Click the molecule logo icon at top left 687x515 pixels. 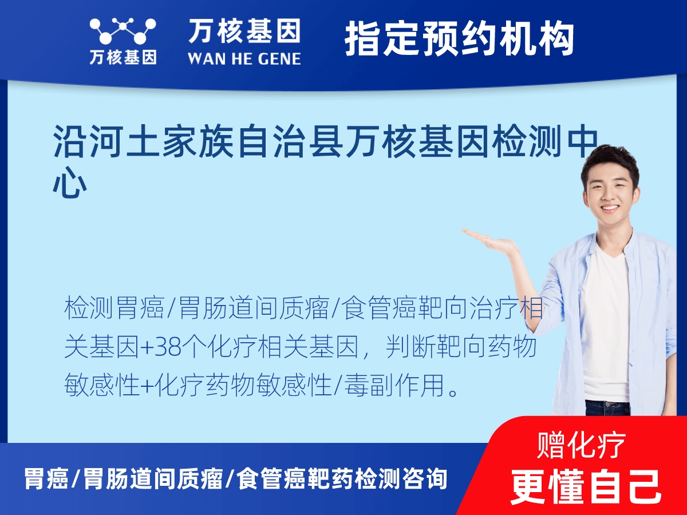(x=122, y=31)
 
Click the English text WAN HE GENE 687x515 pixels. (x=244, y=58)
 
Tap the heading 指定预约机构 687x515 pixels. (x=459, y=39)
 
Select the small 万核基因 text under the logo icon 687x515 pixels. (x=122, y=57)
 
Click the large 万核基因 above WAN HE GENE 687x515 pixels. (x=244, y=31)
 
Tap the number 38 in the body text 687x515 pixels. (x=165, y=348)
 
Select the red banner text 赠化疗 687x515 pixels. (x=581, y=444)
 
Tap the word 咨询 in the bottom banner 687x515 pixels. (x=423, y=478)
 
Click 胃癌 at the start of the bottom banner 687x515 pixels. (x=46, y=478)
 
